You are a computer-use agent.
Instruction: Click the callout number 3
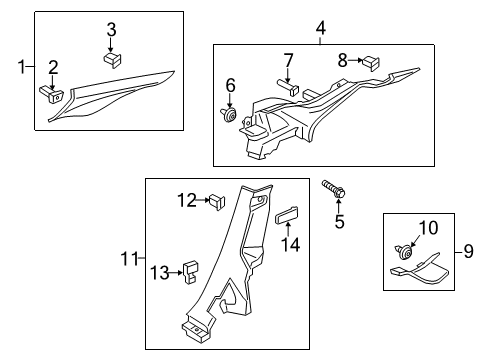click(x=111, y=30)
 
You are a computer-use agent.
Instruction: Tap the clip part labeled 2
click(x=51, y=94)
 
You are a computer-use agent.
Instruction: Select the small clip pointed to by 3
click(x=112, y=59)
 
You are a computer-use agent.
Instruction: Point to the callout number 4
click(x=320, y=28)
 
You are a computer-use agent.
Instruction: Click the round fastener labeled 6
click(x=229, y=114)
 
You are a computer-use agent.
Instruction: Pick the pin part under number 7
click(x=288, y=86)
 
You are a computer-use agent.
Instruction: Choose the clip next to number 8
click(x=370, y=63)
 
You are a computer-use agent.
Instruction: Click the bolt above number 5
click(x=333, y=189)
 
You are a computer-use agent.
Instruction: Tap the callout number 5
click(x=340, y=222)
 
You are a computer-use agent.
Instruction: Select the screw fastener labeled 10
click(x=404, y=252)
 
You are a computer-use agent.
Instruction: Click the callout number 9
click(x=468, y=251)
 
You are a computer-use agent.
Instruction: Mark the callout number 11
click(x=129, y=258)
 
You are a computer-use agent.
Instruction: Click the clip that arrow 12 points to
click(x=217, y=202)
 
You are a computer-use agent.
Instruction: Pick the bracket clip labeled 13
click(x=190, y=272)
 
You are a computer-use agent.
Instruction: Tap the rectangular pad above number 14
click(x=286, y=216)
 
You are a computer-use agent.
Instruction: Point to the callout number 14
click(x=291, y=245)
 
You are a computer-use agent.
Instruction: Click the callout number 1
click(x=22, y=67)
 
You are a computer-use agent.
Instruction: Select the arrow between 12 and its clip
click(x=202, y=200)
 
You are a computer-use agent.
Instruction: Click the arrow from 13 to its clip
click(x=176, y=273)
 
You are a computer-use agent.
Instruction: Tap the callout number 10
click(x=428, y=228)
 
